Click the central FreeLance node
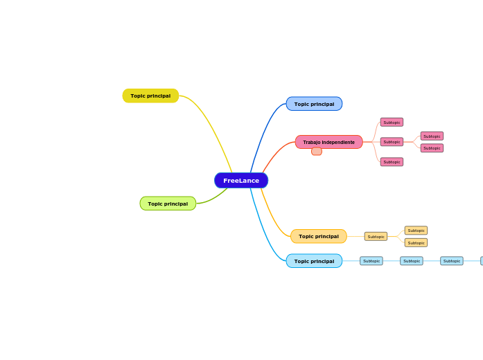[241, 181]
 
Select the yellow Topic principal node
[150, 96]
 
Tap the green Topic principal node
[168, 204]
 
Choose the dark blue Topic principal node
[314, 104]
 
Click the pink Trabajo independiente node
[328, 142]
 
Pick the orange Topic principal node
[319, 236]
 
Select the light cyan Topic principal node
[314, 261]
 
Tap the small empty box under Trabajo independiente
[317, 152]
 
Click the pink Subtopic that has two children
[392, 142]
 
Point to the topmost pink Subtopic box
[392, 123]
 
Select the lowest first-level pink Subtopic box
[392, 162]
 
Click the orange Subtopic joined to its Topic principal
[376, 237]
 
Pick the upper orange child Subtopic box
[416, 231]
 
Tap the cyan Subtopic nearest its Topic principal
[371, 261]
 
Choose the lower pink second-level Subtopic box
[432, 148]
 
